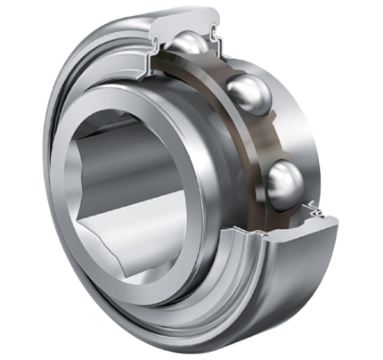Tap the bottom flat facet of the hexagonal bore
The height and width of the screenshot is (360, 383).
(x=151, y=258)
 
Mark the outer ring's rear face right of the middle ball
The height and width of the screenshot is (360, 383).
(x=294, y=107)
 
